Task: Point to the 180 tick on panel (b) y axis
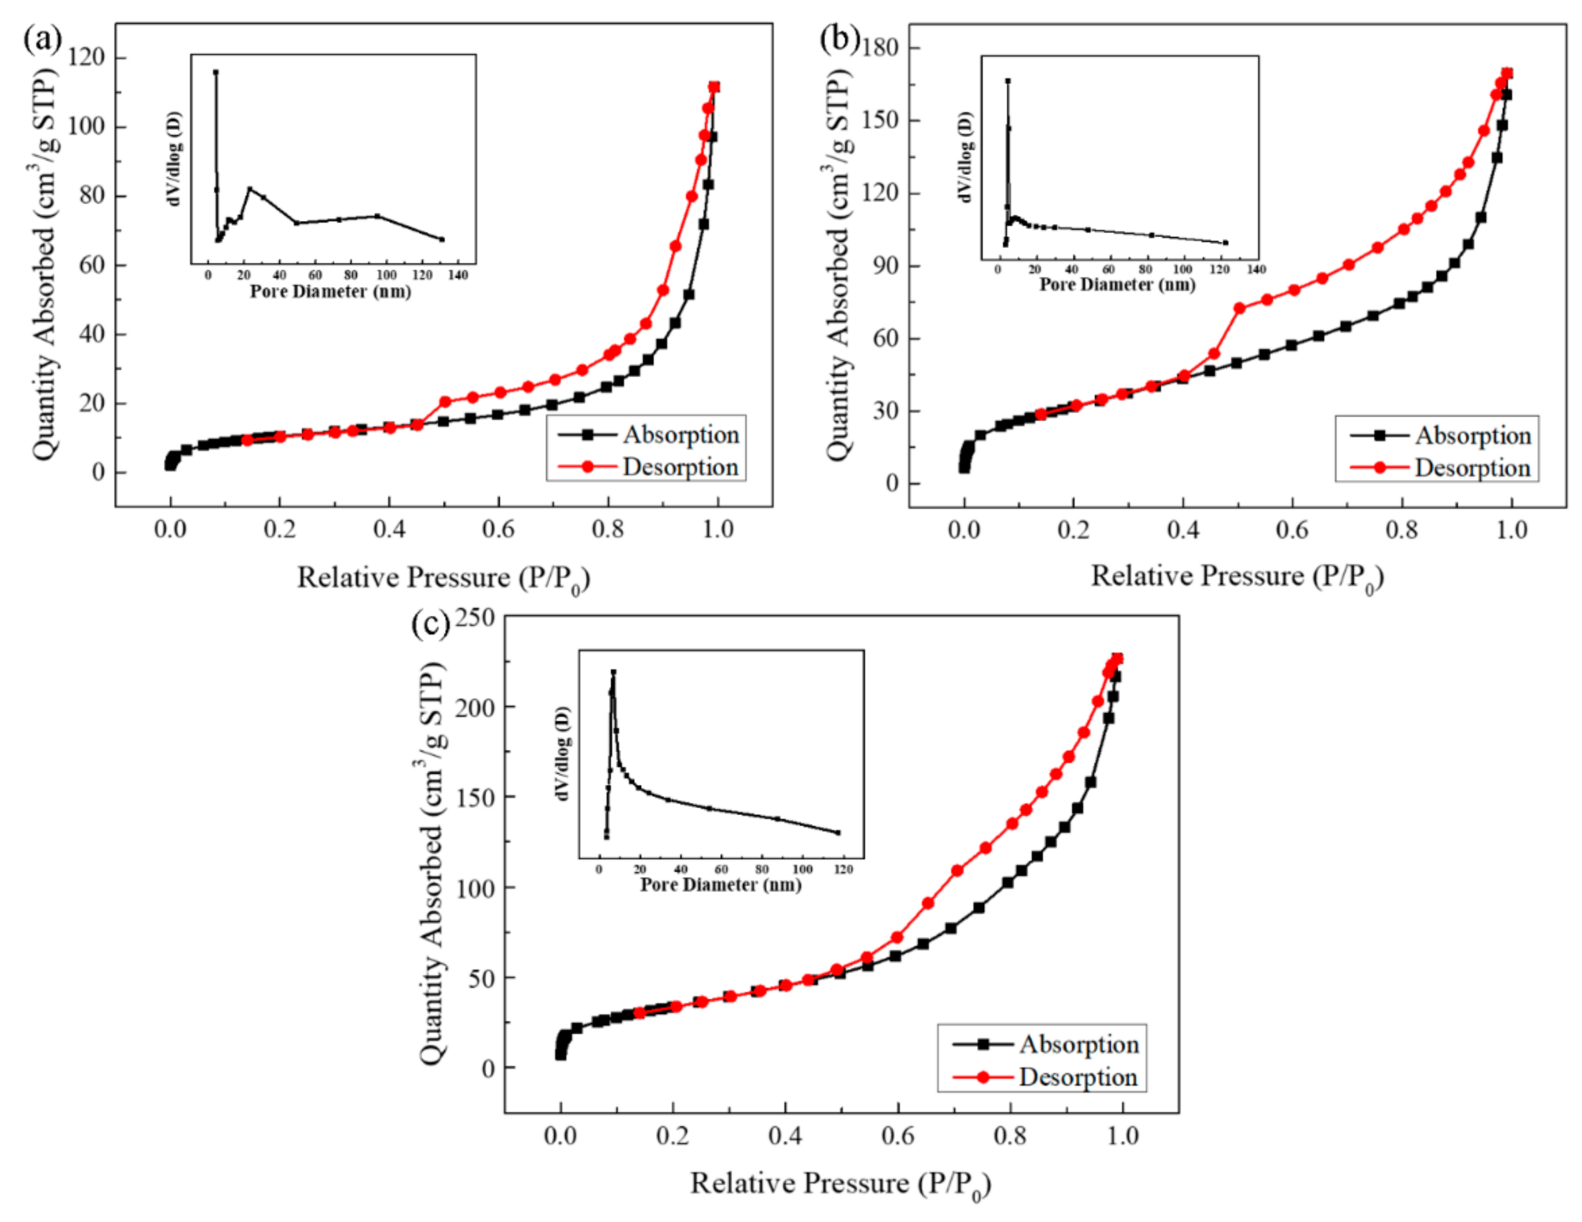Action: coord(880,48)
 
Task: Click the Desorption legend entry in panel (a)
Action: coord(679,467)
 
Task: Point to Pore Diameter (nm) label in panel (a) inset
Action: coord(330,291)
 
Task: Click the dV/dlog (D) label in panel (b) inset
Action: coord(965,157)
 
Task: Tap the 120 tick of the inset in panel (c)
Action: coord(844,869)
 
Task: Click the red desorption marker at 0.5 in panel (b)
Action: coord(1239,308)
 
